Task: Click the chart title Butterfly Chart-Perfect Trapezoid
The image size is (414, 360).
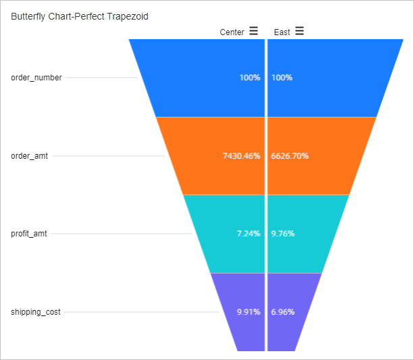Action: click(80, 16)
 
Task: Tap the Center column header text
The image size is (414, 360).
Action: click(232, 32)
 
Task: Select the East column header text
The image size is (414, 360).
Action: click(282, 32)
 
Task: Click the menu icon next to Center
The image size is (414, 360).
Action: click(253, 31)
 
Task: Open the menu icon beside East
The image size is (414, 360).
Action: click(299, 31)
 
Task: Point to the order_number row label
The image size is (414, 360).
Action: click(36, 78)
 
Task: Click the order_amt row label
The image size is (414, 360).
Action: click(30, 156)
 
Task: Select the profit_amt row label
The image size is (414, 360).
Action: click(30, 234)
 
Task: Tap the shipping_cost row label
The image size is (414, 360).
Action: click(36, 312)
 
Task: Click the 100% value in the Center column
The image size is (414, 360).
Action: click(249, 78)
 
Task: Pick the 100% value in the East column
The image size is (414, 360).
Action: click(282, 78)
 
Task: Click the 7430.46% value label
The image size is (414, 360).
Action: click(241, 156)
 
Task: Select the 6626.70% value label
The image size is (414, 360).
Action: click(290, 156)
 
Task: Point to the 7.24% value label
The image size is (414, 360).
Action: click(248, 234)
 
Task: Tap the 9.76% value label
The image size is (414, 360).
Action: click(283, 234)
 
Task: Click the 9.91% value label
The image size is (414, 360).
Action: click(248, 312)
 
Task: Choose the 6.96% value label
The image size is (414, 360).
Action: click(283, 312)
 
